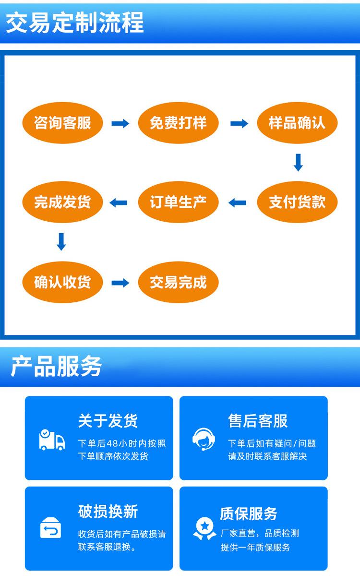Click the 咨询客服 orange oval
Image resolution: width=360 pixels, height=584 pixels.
coord(62,123)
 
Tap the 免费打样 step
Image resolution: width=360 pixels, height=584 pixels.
coord(178,123)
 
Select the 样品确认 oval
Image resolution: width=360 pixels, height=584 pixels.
coord(297,123)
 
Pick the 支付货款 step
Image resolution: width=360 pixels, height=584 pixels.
coord(297,202)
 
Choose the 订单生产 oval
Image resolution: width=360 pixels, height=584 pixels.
coord(178,202)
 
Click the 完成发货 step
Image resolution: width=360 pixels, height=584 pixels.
coord(62,202)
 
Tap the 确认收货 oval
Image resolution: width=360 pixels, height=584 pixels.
coord(62,282)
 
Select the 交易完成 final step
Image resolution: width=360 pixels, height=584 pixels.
coord(178,282)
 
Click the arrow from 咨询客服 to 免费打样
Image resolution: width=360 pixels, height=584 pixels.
coord(120,124)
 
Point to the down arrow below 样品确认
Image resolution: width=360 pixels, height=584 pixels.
coord(298,163)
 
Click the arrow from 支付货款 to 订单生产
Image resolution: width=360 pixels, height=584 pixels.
coord(237,203)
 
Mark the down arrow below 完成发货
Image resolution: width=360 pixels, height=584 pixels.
coord(61,241)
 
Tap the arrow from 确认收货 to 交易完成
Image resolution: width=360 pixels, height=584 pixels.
coord(120,283)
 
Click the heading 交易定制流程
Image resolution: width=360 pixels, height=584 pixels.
coord(75,23)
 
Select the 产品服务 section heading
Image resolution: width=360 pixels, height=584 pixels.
coord(57,367)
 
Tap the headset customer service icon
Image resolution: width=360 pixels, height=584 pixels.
coord(204,438)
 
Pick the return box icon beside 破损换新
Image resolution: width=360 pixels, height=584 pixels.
coord(50,528)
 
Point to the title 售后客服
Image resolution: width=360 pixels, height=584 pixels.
coord(258,421)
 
